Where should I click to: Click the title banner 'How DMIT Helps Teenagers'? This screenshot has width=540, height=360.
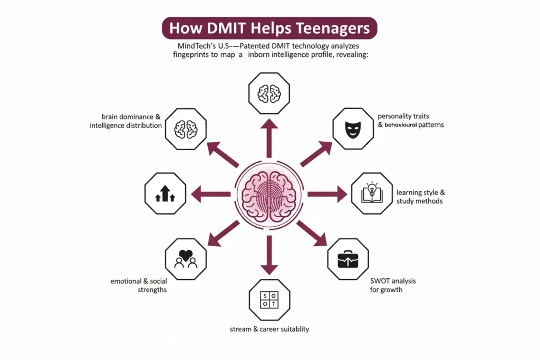[269, 28]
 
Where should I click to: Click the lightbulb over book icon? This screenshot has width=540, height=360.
[371, 193]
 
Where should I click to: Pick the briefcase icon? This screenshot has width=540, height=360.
[348, 258]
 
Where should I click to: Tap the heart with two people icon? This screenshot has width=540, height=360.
[185, 258]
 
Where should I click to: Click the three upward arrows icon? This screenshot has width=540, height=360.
[165, 193]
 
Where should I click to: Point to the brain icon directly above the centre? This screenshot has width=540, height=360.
[269, 93]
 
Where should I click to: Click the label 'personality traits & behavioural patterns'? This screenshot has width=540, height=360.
[411, 121]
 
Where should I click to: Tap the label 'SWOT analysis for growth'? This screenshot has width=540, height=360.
[393, 285]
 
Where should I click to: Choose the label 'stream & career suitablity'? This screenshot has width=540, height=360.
[269, 329]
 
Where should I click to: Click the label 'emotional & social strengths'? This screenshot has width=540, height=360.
[139, 285]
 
